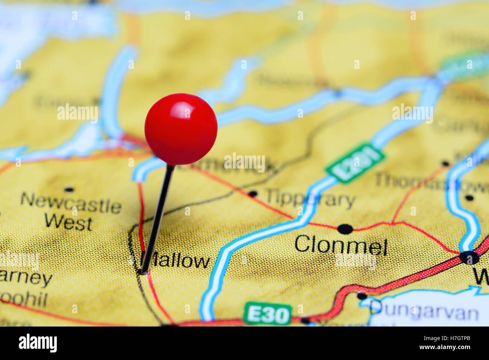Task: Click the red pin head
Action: pos(181,129)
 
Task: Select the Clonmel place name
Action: pos(341,246)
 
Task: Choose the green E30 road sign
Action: pos(267,314)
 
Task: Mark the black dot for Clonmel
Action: pos(345,229)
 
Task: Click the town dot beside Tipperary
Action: pos(253,194)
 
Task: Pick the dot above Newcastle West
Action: pos(69,190)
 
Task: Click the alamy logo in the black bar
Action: pos(38,343)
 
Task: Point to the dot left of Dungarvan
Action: pos(362,296)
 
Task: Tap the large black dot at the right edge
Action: pos(469,258)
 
